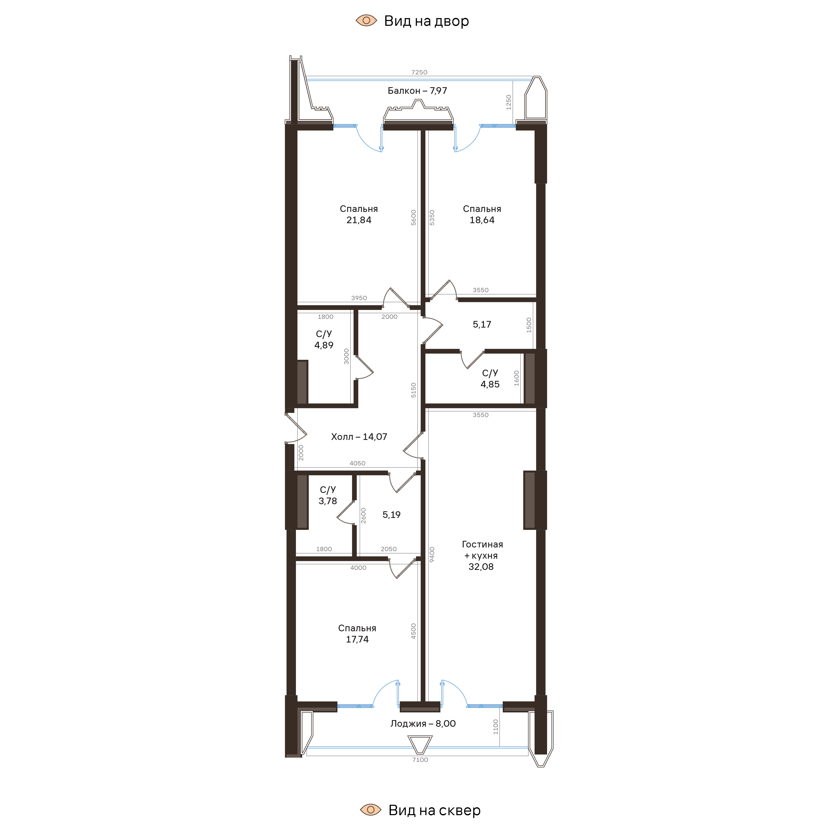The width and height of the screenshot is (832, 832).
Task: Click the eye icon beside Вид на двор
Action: [366, 20]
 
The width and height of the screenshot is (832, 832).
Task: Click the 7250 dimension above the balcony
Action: [419, 72]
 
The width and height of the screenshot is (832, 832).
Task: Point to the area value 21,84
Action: [359, 220]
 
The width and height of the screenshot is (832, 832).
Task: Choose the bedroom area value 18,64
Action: [482, 220]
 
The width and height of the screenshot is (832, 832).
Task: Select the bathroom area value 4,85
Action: [490, 385]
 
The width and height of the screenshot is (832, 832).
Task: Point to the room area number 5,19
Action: [391, 515]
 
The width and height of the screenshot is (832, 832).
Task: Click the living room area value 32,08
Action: [481, 567]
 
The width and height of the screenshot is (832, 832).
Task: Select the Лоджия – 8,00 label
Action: [423, 723]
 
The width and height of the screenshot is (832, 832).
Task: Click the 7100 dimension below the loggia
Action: [420, 760]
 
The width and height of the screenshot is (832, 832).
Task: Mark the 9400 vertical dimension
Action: [432, 554]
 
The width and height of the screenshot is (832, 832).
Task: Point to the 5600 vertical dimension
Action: [414, 218]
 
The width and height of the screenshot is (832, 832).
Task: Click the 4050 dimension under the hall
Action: [357, 463]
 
